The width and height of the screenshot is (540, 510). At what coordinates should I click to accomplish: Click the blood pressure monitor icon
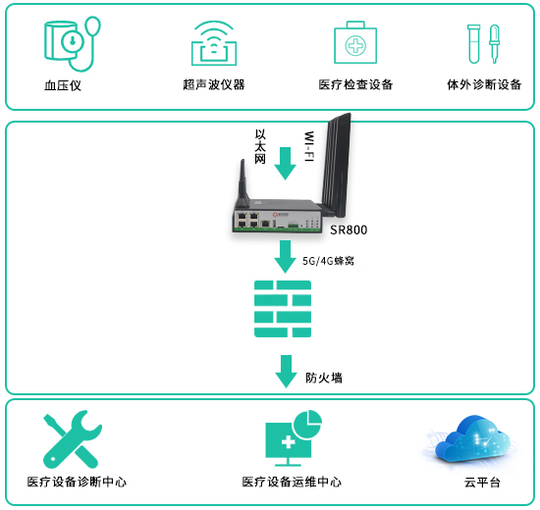73,44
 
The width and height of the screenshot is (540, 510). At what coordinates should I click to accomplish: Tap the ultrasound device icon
214,43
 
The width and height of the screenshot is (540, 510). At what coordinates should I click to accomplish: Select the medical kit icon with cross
355,43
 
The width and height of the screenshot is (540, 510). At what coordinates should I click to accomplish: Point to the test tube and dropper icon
483,44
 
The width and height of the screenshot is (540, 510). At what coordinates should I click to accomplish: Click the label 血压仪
63,85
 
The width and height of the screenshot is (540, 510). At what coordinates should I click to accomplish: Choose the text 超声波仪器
214,84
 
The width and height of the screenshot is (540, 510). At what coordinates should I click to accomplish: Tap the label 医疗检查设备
355,84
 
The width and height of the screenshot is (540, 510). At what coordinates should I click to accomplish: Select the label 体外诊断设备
484,84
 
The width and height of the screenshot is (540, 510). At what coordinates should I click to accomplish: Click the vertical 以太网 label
260,146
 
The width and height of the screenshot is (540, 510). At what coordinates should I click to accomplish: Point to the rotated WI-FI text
309,146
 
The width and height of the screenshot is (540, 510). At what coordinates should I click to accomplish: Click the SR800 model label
349,229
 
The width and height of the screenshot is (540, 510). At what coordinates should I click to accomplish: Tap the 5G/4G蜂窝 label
328,261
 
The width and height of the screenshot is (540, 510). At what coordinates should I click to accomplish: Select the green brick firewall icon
283,309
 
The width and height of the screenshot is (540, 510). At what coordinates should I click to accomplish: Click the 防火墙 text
324,378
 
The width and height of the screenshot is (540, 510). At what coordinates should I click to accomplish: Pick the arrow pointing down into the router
285,164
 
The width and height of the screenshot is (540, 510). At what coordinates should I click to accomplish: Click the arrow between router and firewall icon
285,256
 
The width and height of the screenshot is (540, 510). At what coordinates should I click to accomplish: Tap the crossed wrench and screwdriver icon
73,439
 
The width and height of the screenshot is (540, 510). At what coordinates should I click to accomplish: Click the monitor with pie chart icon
294,437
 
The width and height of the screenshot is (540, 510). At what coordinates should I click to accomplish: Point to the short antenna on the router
243,184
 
